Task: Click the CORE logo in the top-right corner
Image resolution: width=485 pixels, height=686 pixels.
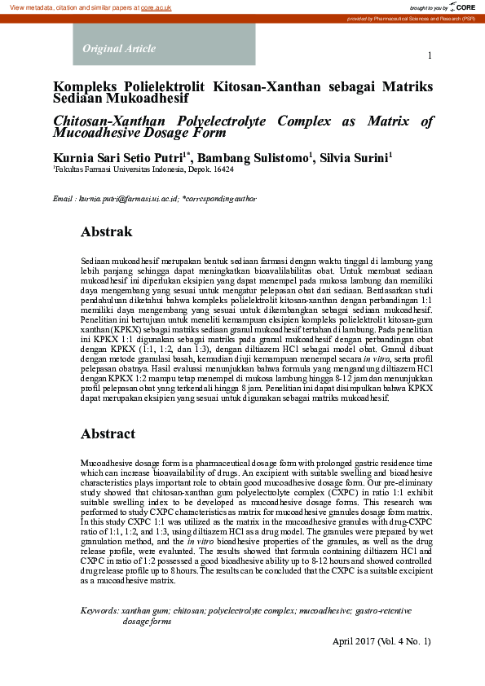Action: (463, 7)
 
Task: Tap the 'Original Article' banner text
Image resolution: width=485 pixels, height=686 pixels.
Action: (119, 49)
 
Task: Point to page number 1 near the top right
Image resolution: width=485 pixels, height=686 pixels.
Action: (429, 55)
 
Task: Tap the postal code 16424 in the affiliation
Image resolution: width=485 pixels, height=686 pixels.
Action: (222, 170)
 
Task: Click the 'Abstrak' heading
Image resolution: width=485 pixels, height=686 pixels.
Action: (106, 232)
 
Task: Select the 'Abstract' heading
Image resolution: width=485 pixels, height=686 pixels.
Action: (108, 434)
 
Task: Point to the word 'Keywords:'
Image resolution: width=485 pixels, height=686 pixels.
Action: (99, 610)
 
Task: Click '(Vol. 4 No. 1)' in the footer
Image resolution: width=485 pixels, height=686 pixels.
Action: (404, 641)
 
